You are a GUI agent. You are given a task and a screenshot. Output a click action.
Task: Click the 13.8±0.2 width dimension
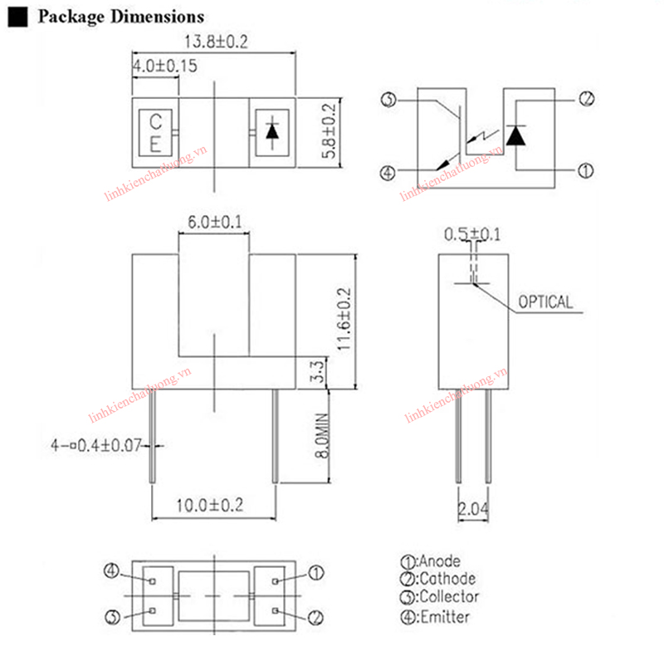click(x=214, y=42)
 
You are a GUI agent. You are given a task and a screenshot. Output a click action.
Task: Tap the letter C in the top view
click(x=154, y=122)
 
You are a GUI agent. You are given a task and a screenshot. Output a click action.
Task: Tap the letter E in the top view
click(x=154, y=143)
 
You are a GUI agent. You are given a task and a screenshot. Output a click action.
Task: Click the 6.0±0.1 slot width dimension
click(x=214, y=223)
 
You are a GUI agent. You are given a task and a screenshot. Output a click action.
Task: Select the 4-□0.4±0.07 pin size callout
click(x=96, y=447)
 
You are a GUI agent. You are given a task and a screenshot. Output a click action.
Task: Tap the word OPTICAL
click(x=545, y=302)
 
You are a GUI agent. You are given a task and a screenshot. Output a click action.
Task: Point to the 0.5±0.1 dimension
click(x=472, y=234)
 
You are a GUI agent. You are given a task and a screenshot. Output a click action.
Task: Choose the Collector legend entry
click(x=439, y=597)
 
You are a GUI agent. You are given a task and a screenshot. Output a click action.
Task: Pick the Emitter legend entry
click(x=435, y=616)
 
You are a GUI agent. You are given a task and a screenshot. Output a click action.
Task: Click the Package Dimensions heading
click(x=121, y=17)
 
